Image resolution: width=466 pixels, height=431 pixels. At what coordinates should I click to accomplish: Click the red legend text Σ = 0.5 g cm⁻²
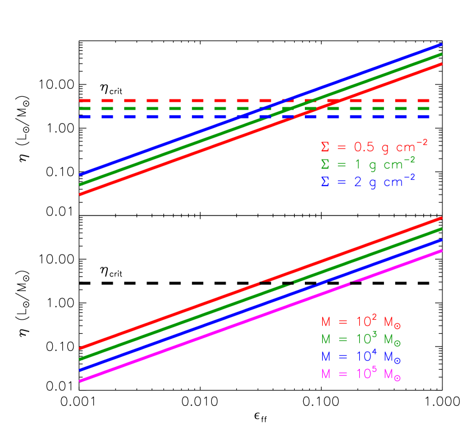point(373,147)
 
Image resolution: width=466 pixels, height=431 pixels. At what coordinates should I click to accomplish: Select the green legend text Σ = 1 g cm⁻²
point(368,164)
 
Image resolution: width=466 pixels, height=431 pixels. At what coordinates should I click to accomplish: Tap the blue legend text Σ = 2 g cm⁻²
point(368,182)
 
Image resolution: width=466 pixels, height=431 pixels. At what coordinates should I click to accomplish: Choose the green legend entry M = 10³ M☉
point(360,339)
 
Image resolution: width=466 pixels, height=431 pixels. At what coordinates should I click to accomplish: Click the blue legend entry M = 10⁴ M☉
point(360,356)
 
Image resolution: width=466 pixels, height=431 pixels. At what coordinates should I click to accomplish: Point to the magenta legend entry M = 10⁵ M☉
point(360,374)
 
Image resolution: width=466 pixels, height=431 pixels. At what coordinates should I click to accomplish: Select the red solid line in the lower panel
point(168,316)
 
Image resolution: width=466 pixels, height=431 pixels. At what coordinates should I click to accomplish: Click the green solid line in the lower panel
point(168,327)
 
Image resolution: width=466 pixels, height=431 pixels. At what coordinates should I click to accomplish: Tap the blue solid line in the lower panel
point(168,338)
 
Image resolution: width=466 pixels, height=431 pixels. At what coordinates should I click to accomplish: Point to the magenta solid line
point(168,349)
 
